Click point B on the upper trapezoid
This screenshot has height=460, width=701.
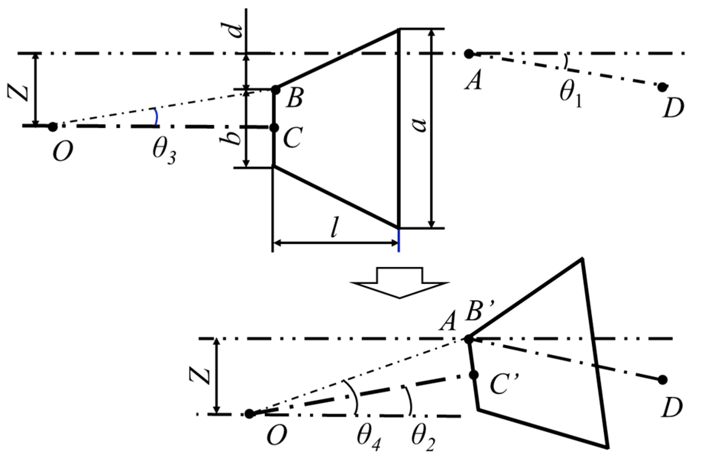[275, 89]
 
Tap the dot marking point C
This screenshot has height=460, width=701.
[274, 128]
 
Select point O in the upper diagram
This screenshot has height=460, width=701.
[53, 127]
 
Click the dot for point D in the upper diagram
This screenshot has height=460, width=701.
[662, 87]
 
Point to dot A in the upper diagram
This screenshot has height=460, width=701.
[469, 54]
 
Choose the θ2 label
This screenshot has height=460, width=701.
[423, 438]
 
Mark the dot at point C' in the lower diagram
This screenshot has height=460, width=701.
[473, 375]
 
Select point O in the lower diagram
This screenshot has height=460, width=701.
[250, 414]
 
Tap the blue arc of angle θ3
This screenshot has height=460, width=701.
[157, 117]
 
